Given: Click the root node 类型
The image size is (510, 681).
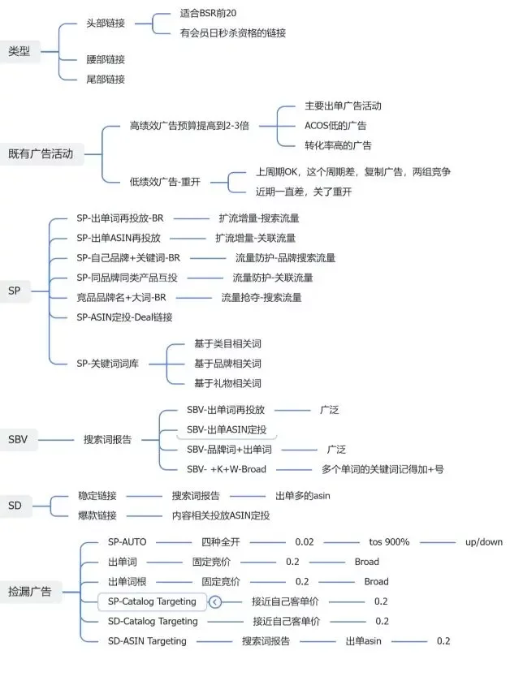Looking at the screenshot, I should (19, 51).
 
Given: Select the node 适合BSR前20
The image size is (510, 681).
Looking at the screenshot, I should (212, 14).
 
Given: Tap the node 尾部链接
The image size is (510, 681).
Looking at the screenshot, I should (106, 79).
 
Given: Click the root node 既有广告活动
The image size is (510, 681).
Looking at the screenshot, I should (41, 153).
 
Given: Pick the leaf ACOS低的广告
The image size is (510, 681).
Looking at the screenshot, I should (335, 125).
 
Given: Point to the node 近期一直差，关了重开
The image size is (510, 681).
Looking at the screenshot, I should (304, 192).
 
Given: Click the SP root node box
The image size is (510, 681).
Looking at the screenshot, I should (15, 290).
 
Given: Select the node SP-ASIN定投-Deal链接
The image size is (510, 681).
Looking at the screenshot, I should (124, 317).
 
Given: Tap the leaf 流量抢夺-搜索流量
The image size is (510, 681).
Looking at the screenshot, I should (261, 297).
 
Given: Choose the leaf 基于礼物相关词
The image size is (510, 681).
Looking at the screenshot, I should (227, 382).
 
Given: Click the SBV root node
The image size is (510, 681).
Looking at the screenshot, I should (18, 439).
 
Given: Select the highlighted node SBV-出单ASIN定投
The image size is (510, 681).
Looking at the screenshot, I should (227, 429).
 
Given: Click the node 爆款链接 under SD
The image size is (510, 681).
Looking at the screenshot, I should (97, 515).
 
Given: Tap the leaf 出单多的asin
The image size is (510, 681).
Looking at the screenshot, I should (302, 495).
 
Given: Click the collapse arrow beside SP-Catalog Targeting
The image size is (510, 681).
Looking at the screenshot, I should (215, 601).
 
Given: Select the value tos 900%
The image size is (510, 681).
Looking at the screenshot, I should (389, 541).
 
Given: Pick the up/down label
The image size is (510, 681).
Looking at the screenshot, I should (484, 541).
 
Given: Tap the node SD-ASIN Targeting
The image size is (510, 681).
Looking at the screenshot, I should (147, 640).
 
